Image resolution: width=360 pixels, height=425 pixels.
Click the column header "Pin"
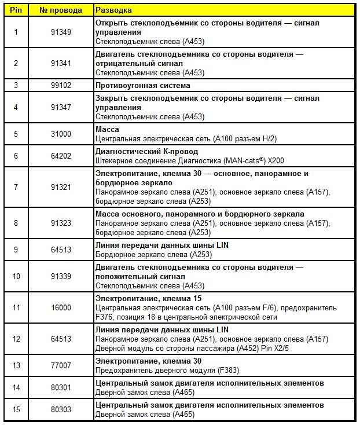tap(16, 10)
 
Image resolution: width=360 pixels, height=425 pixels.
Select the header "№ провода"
tap(61, 10)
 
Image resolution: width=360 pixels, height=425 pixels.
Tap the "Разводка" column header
tap(113, 10)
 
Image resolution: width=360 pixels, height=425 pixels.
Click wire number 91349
tap(61, 32)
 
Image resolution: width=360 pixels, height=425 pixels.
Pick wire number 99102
tap(61, 85)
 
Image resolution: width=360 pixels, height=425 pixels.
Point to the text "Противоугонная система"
tap(142, 85)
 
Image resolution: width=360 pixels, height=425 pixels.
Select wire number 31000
tap(61, 134)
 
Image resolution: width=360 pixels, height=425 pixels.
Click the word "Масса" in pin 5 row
tap(107, 130)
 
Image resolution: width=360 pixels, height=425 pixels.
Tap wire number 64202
tap(61, 156)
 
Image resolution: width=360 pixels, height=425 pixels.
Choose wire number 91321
tap(61, 187)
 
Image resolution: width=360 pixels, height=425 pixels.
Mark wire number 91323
tap(61, 223)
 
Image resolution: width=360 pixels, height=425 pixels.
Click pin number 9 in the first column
tap(16, 250)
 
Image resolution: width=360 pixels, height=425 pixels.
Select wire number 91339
tap(61, 276)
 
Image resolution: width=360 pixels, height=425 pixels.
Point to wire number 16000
tap(61, 307)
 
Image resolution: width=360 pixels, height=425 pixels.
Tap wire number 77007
tap(61, 365)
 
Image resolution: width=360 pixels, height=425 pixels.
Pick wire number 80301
tap(61, 387)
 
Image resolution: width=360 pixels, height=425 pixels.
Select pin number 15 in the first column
tap(16, 409)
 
